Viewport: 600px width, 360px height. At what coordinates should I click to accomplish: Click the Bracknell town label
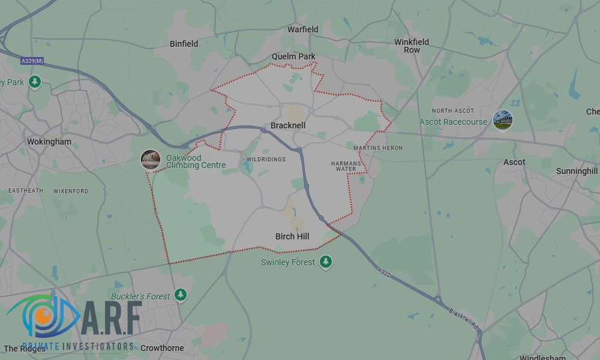[x=288, y=125]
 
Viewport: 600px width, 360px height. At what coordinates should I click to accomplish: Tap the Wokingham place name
[x=49, y=142]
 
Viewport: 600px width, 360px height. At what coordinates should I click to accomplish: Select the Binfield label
[x=184, y=44]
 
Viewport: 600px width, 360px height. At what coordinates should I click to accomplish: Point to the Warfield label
[x=303, y=29]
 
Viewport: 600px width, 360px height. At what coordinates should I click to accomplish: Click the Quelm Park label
[x=293, y=56]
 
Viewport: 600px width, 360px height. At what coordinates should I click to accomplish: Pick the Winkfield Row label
[x=412, y=46]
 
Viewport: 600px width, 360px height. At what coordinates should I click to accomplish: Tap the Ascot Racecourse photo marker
[x=503, y=120]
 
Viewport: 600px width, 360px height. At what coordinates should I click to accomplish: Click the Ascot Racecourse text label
[x=453, y=122]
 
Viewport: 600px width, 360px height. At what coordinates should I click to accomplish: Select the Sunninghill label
[x=577, y=171]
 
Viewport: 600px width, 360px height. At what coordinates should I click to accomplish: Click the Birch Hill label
[x=292, y=236]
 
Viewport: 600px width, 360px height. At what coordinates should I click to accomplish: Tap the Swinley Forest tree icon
[x=326, y=262]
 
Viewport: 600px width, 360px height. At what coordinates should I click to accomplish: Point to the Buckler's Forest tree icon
[x=181, y=295]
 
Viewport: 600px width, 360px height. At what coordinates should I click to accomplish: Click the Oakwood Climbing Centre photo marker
[x=151, y=160]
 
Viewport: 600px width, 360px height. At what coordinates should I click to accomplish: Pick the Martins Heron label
[x=378, y=148]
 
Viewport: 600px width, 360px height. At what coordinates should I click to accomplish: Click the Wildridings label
[x=266, y=159]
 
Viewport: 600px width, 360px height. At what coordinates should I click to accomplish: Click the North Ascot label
[x=453, y=111]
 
